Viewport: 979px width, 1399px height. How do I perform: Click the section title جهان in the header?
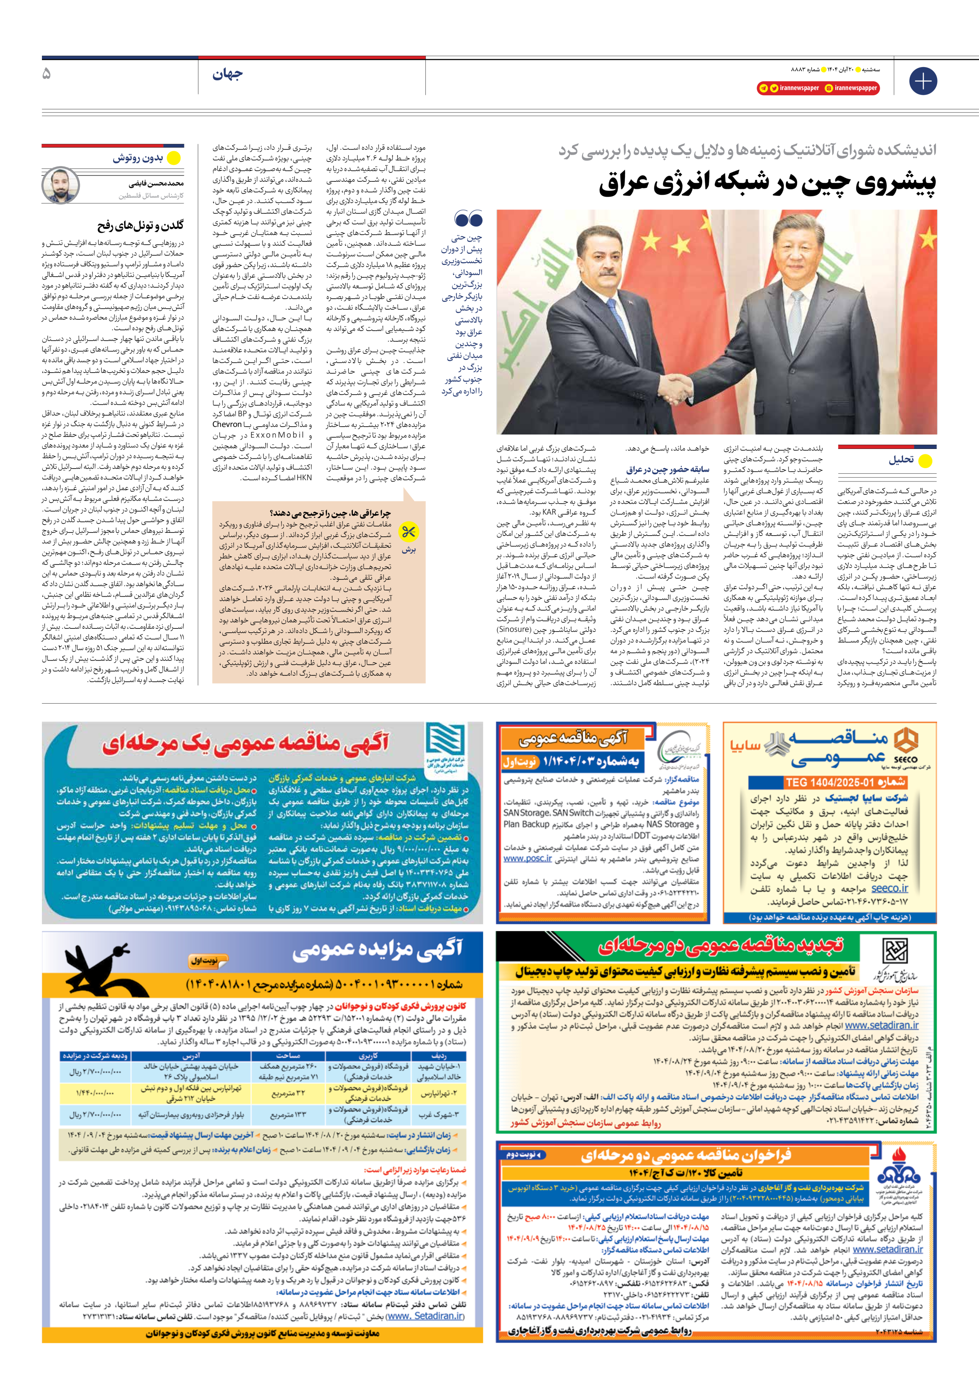tap(227, 74)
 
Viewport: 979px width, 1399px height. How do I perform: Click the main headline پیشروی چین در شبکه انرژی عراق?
tap(767, 184)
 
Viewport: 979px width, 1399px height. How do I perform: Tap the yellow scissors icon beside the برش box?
tap(408, 532)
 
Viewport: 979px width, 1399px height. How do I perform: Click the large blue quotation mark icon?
tap(468, 219)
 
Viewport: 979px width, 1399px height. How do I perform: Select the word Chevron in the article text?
tap(227, 424)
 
